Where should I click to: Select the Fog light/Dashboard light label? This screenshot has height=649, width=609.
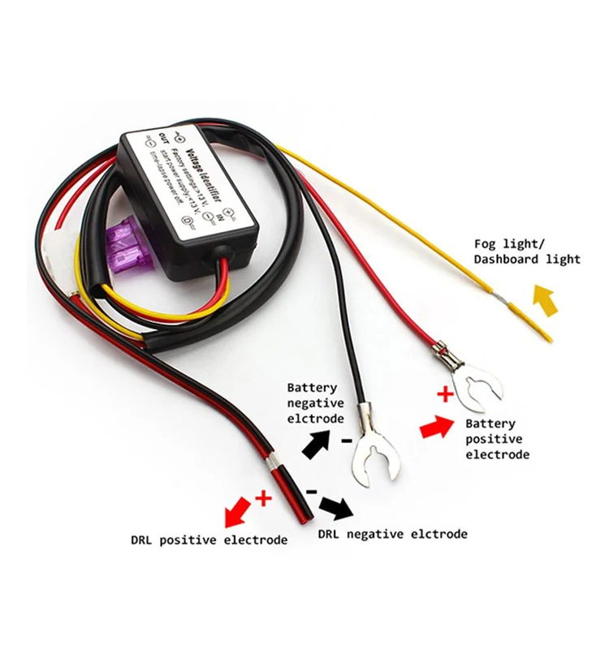coord(527,251)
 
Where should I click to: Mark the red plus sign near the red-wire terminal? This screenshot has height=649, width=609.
coord(443,395)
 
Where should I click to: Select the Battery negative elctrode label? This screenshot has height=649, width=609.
coord(315,403)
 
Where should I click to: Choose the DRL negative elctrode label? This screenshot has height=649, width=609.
coord(393,534)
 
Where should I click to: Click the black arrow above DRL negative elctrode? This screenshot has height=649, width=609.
coord(335,508)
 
